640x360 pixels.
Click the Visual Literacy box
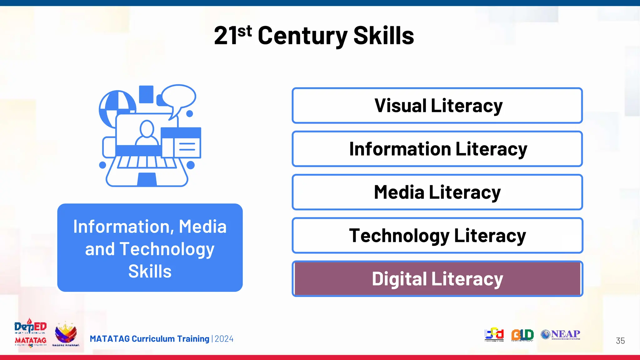[x=437, y=106]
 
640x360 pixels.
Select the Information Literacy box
[x=437, y=149]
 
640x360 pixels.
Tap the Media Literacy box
[x=437, y=192]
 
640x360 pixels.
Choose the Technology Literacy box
[x=437, y=235]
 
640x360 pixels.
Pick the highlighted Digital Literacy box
[x=437, y=279]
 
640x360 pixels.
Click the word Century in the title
[x=302, y=36]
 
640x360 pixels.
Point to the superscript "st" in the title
[x=244, y=31]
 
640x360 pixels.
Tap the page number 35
[x=620, y=341]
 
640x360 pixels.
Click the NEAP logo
[x=561, y=335]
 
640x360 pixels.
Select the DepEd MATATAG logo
[x=30, y=333]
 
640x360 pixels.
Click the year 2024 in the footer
[x=224, y=339]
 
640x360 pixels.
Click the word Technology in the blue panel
[x=167, y=249]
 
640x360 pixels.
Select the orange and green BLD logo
[x=522, y=335]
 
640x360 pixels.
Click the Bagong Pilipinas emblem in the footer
[x=66, y=334]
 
